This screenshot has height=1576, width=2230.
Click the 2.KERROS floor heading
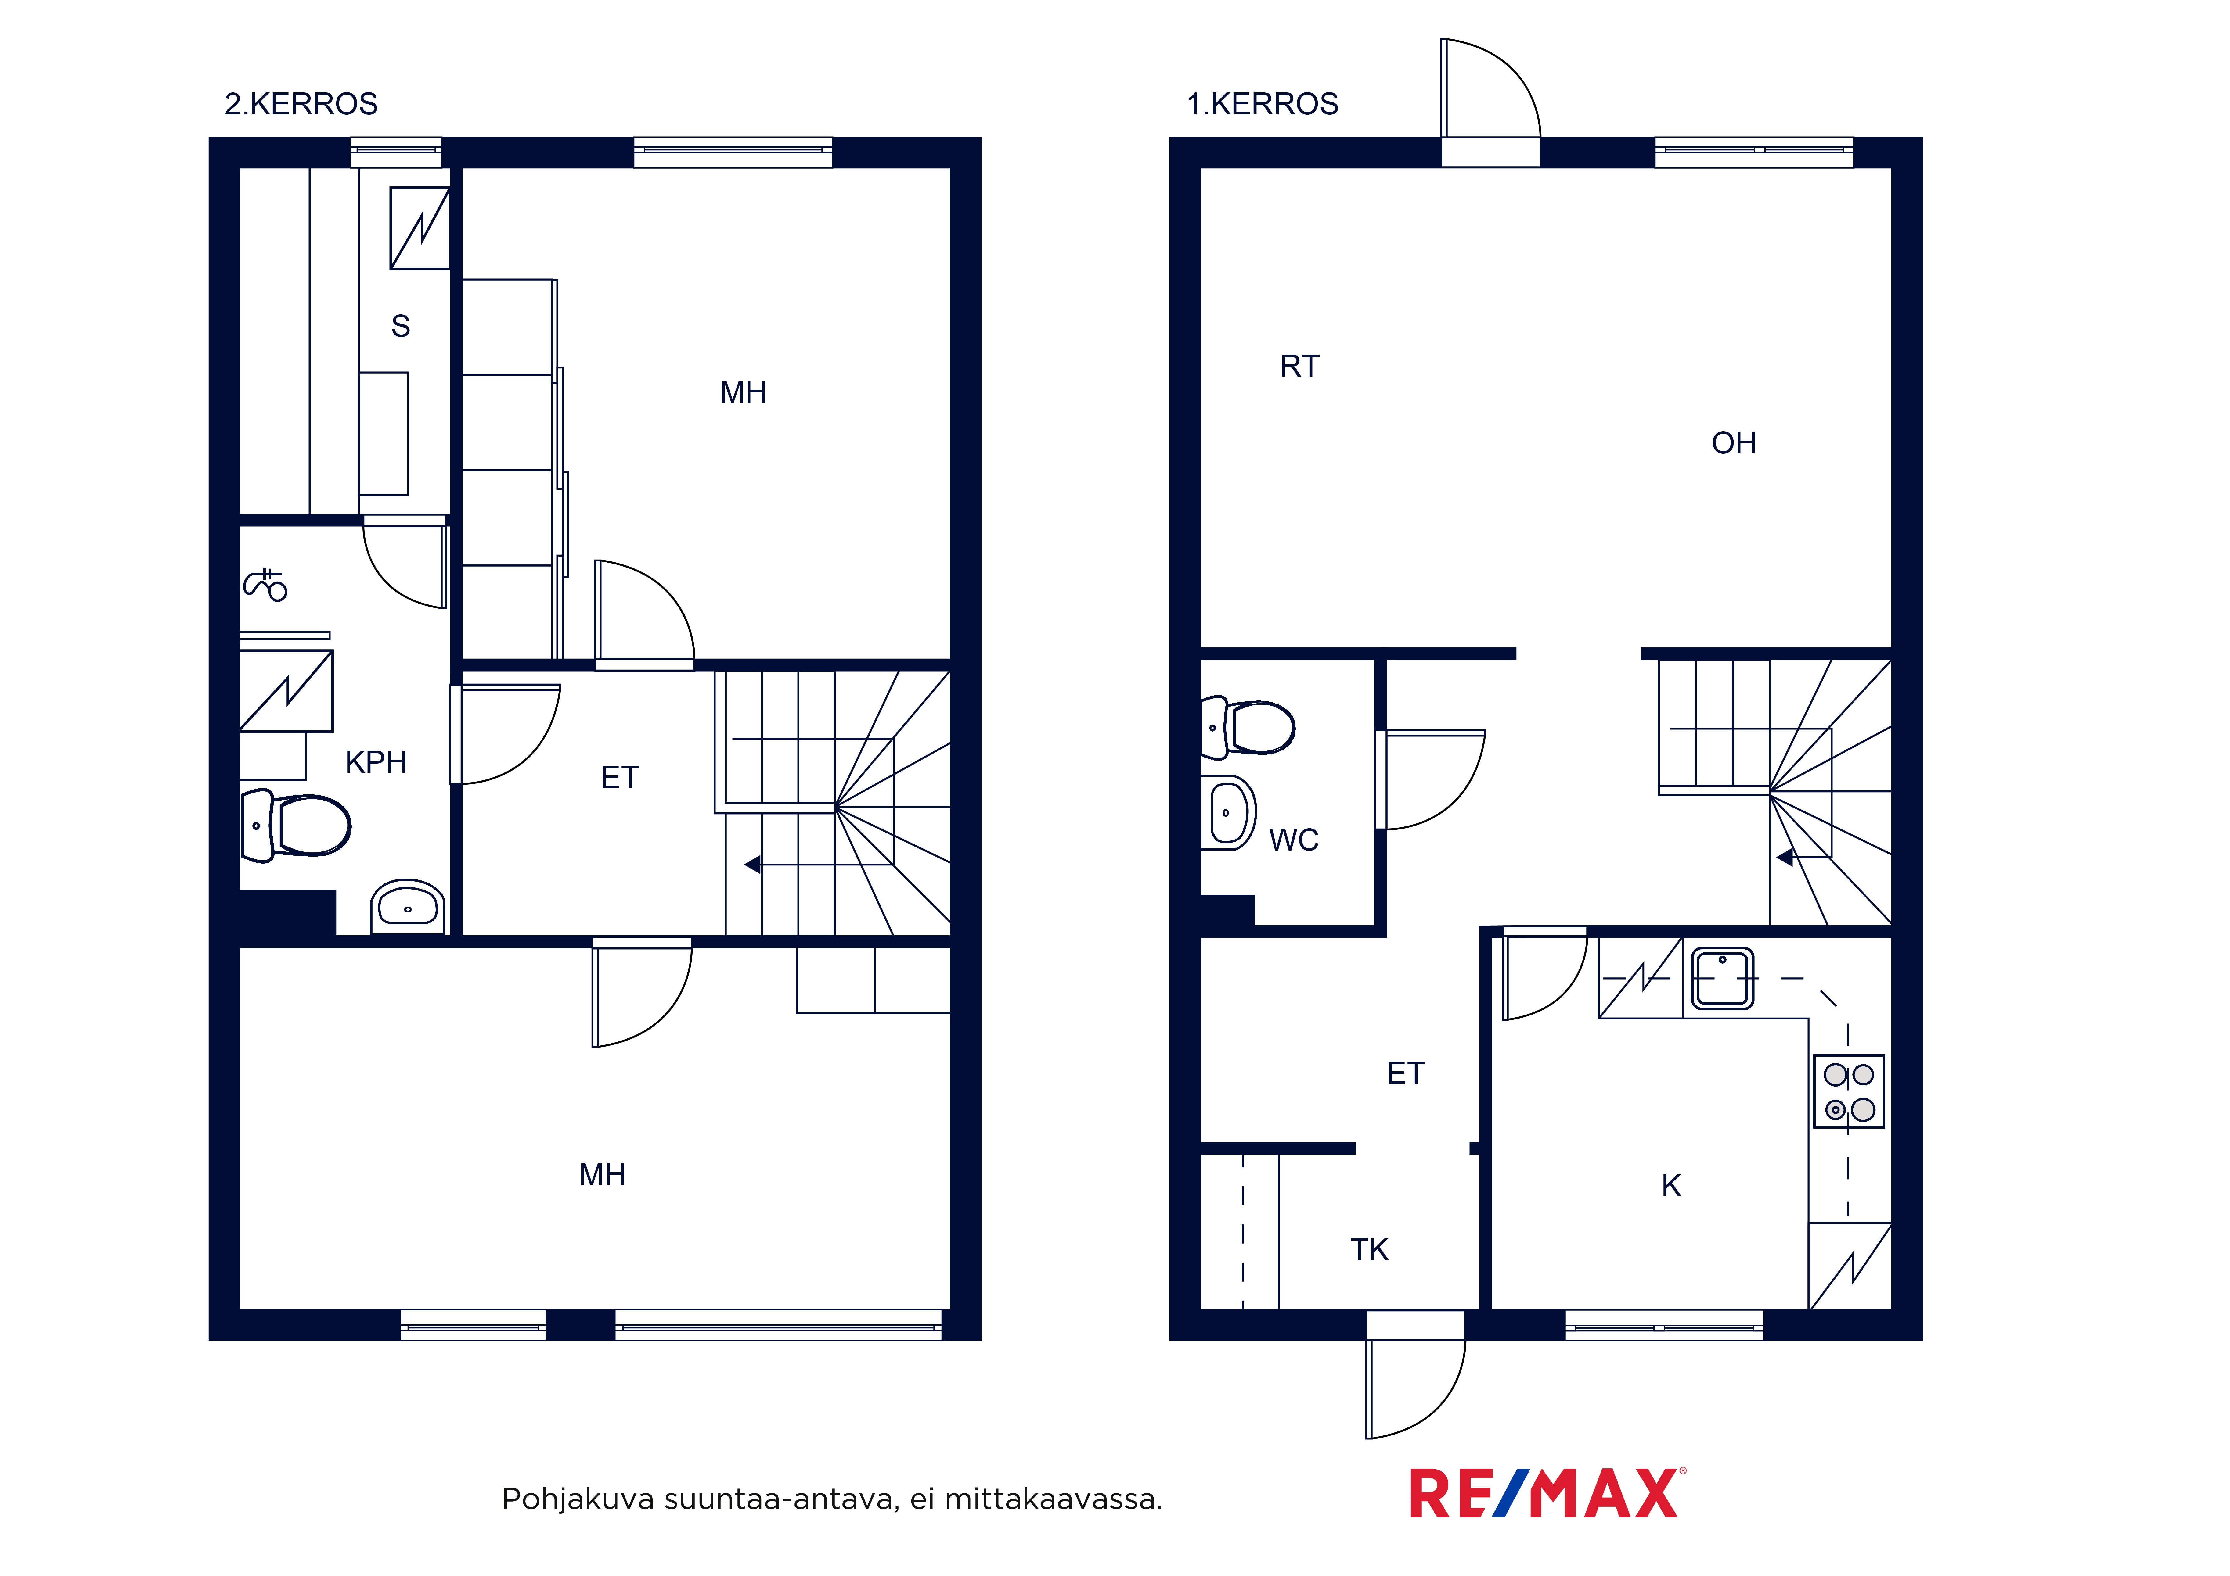point(301,104)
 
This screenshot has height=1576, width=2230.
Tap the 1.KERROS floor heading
point(1263,104)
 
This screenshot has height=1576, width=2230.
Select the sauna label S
point(400,326)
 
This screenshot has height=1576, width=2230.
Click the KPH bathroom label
point(376,762)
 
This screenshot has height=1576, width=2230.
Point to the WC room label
point(1294,840)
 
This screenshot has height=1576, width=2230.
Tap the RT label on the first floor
point(1299,366)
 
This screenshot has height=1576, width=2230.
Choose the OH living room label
point(1734,443)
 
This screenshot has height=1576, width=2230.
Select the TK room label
point(1370,1250)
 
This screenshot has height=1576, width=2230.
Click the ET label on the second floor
point(620,778)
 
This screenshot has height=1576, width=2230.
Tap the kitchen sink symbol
point(1723,979)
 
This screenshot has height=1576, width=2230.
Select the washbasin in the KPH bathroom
point(408,907)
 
